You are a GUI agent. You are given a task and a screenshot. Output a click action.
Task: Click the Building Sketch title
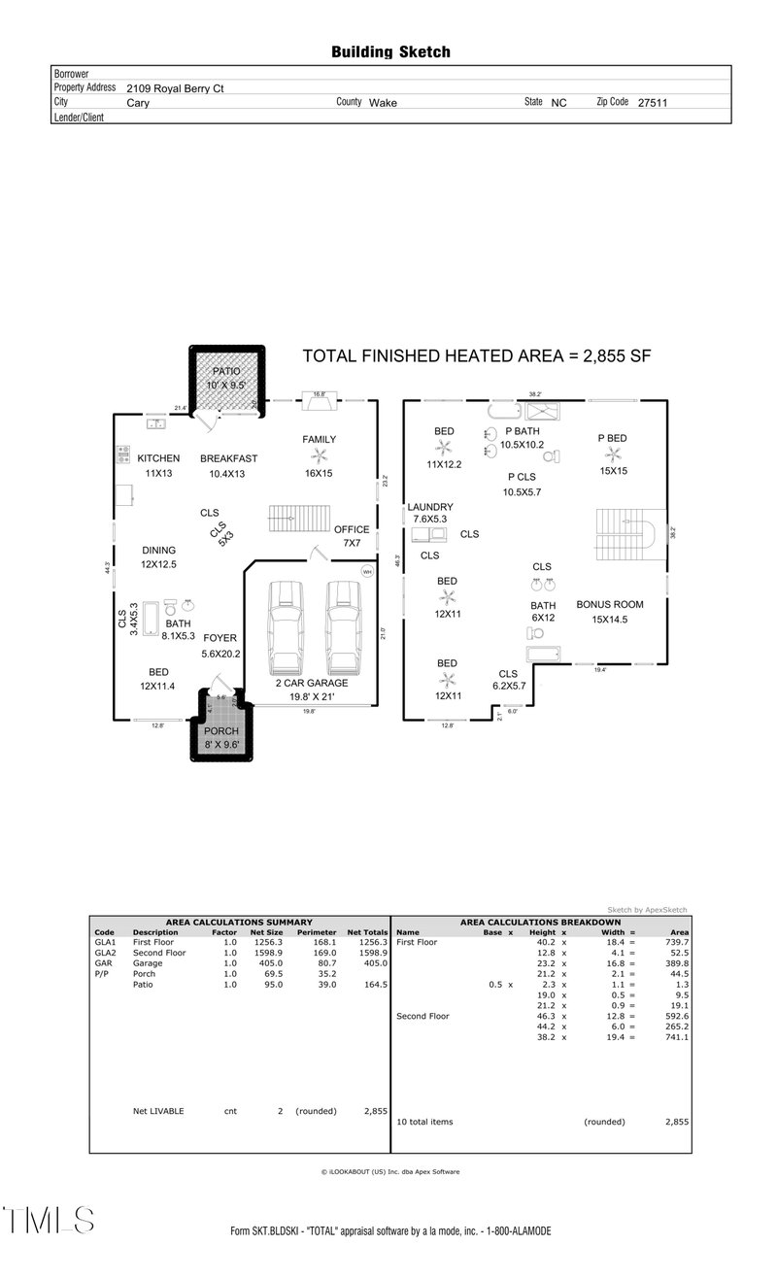click(x=390, y=51)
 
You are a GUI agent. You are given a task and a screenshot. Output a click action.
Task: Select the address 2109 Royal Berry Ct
click(x=175, y=87)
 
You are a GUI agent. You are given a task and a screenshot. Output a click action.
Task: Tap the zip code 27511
click(x=652, y=102)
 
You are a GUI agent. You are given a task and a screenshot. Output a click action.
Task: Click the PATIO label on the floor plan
click(x=225, y=371)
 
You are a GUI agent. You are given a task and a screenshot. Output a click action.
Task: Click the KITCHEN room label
click(x=158, y=458)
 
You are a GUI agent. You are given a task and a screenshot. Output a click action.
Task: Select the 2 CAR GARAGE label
click(x=313, y=683)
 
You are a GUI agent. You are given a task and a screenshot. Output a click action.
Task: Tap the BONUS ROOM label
click(x=609, y=604)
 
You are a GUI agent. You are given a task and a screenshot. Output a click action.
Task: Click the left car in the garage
click(x=287, y=628)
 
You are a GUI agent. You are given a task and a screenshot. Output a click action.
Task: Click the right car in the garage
click(x=343, y=628)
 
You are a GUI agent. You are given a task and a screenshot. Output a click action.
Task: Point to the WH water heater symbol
click(x=366, y=572)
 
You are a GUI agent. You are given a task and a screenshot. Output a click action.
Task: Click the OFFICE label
click(x=352, y=529)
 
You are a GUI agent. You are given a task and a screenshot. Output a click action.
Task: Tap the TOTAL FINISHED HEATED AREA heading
click(x=476, y=356)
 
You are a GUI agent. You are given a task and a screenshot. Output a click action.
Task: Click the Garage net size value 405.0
click(x=271, y=963)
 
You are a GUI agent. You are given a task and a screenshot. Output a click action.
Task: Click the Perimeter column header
click(x=316, y=931)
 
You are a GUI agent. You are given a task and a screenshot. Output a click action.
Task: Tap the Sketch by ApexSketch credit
click(x=647, y=910)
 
